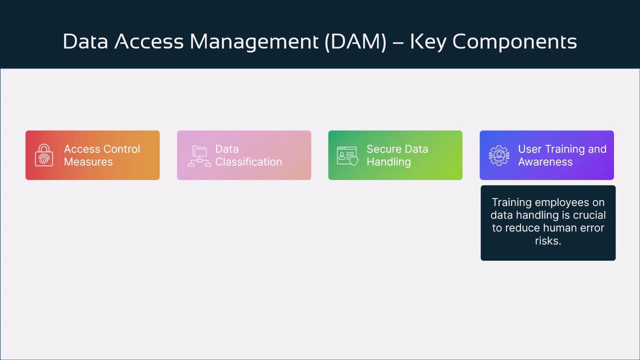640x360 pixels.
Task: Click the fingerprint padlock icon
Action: click(44, 155)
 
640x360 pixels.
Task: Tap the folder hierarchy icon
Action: click(199, 156)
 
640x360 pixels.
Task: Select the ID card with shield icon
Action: click(347, 156)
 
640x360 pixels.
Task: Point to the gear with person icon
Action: click(499, 155)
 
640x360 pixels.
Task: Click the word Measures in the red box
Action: click(88, 161)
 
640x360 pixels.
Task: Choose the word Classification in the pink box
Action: click(248, 161)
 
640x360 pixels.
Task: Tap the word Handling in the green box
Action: click(389, 162)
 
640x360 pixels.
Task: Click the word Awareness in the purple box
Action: click(545, 161)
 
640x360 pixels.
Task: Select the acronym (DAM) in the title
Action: click(355, 41)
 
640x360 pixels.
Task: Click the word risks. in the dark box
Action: click(548, 240)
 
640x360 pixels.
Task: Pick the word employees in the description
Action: click(561, 202)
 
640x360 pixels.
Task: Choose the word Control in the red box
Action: click(121, 149)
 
